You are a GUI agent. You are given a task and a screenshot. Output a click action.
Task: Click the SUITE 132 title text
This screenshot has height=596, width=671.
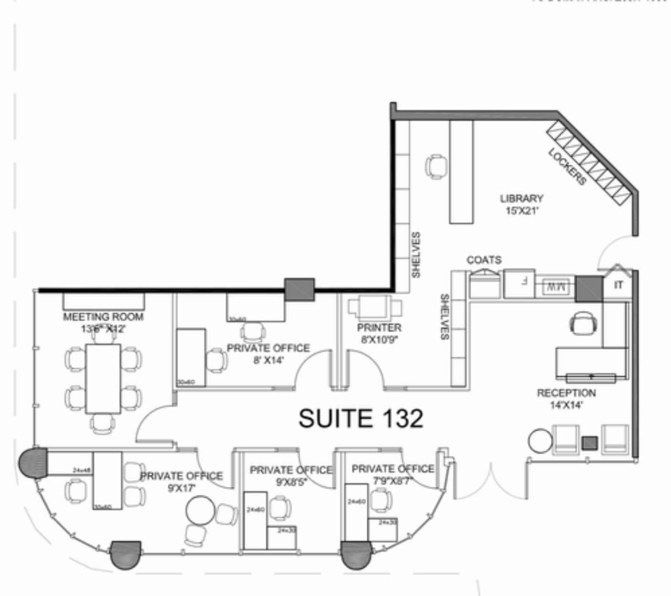coord(361,418)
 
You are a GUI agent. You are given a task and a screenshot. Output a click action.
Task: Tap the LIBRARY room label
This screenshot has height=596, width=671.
coord(522,198)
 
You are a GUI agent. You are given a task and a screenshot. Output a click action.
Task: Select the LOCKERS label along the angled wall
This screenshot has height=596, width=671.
coord(567,167)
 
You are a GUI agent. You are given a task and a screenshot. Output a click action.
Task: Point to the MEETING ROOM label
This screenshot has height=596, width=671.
coord(103,317)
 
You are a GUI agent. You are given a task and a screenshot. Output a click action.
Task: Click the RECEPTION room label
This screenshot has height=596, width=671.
coord(566,393)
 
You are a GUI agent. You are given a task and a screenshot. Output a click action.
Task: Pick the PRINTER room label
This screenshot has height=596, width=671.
coord(379,328)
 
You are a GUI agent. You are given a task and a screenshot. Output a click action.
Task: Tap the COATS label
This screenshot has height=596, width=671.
coord(484,260)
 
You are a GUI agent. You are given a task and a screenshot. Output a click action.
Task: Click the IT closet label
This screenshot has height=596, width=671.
coord(618,285)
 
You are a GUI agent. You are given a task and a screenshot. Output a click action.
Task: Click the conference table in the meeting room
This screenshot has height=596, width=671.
coord(103,378)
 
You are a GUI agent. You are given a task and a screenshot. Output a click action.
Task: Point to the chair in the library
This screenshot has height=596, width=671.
coord(436,167)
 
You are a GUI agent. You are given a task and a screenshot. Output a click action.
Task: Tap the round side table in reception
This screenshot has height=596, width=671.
coord(540,441)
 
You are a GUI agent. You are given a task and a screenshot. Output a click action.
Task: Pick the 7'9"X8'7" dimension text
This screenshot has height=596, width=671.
coord(393,481)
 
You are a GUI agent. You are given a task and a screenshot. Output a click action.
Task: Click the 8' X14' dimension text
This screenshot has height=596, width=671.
coord(268,360)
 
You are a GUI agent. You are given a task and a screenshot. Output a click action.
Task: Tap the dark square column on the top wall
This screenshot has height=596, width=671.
coord(299,289)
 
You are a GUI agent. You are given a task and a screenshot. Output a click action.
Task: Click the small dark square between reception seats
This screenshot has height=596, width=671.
coord(590,443)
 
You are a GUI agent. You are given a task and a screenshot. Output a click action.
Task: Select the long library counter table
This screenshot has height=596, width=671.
coord(461,172)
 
